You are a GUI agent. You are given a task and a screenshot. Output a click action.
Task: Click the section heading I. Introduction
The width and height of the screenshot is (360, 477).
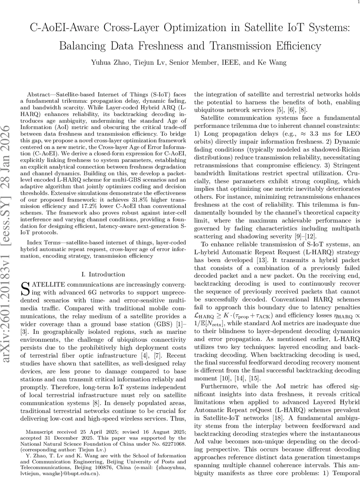coord(103,274)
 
